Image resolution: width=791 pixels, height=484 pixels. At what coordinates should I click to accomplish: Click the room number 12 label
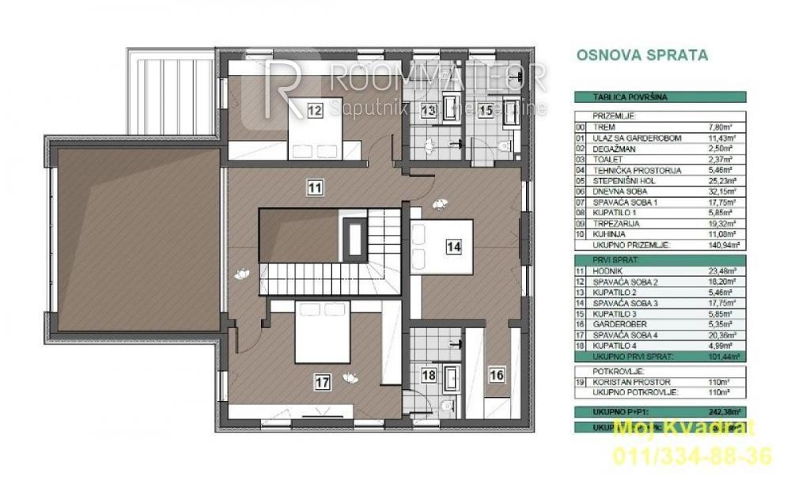[x=315, y=110]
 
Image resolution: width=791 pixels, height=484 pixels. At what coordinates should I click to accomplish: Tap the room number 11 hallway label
[x=316, y=187]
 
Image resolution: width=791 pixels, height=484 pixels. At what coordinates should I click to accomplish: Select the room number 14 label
[x=453, y=247]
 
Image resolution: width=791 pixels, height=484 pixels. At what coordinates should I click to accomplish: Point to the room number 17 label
[x=323, y=383]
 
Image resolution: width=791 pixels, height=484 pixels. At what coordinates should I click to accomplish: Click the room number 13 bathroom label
[x=428, y=110]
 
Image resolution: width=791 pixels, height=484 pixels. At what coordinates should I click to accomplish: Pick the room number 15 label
[x=486, y=110]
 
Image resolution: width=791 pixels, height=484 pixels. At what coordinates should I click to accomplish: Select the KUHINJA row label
[x=607, y=235]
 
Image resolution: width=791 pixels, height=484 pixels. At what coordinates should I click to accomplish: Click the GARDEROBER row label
[x=614, y=323]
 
